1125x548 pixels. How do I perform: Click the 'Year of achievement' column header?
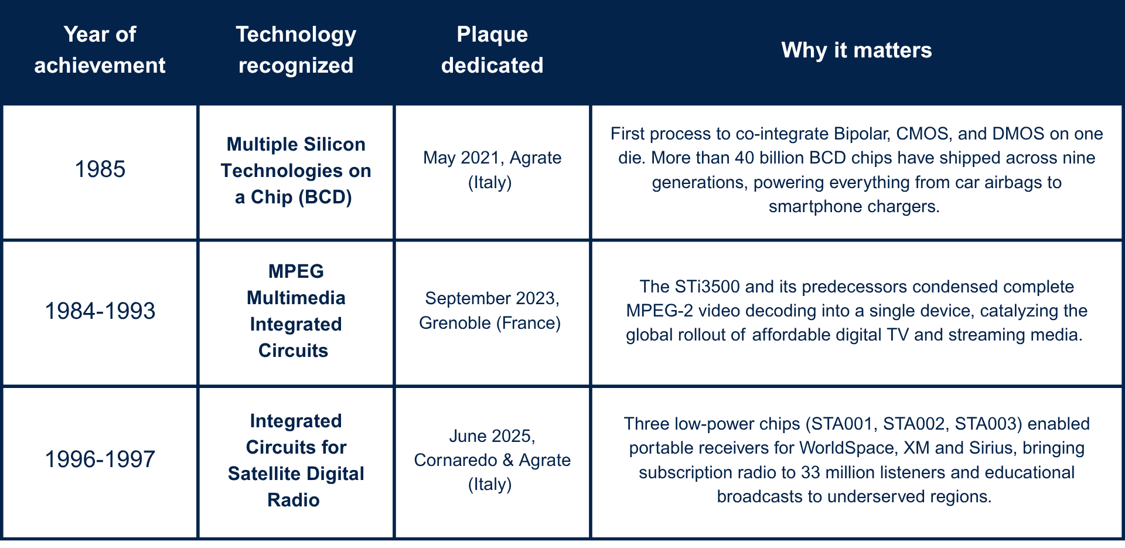tap(100, 50)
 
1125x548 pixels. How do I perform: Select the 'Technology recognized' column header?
tap(296, 50)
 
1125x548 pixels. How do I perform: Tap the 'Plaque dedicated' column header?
tap(492, 50)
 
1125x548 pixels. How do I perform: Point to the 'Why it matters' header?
tap(857, 50)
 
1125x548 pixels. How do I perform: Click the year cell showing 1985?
tap(100, 169)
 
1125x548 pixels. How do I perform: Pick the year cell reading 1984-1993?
tap(100, 311)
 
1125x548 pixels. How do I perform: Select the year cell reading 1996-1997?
tap(100, 459)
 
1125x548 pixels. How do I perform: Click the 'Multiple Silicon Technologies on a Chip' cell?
tap(296, 171)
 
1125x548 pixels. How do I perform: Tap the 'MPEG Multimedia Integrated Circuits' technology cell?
tap(296, 311)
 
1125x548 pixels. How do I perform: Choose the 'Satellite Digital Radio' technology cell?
tap(296, 460)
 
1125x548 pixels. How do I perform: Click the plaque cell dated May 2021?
tap(492, 170)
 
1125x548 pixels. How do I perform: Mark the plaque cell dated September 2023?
tap(490, 311)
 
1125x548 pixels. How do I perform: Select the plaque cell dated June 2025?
tap(492, 460)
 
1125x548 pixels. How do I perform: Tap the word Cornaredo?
tap(455, 460)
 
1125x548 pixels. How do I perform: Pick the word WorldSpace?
tap(847, 448)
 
